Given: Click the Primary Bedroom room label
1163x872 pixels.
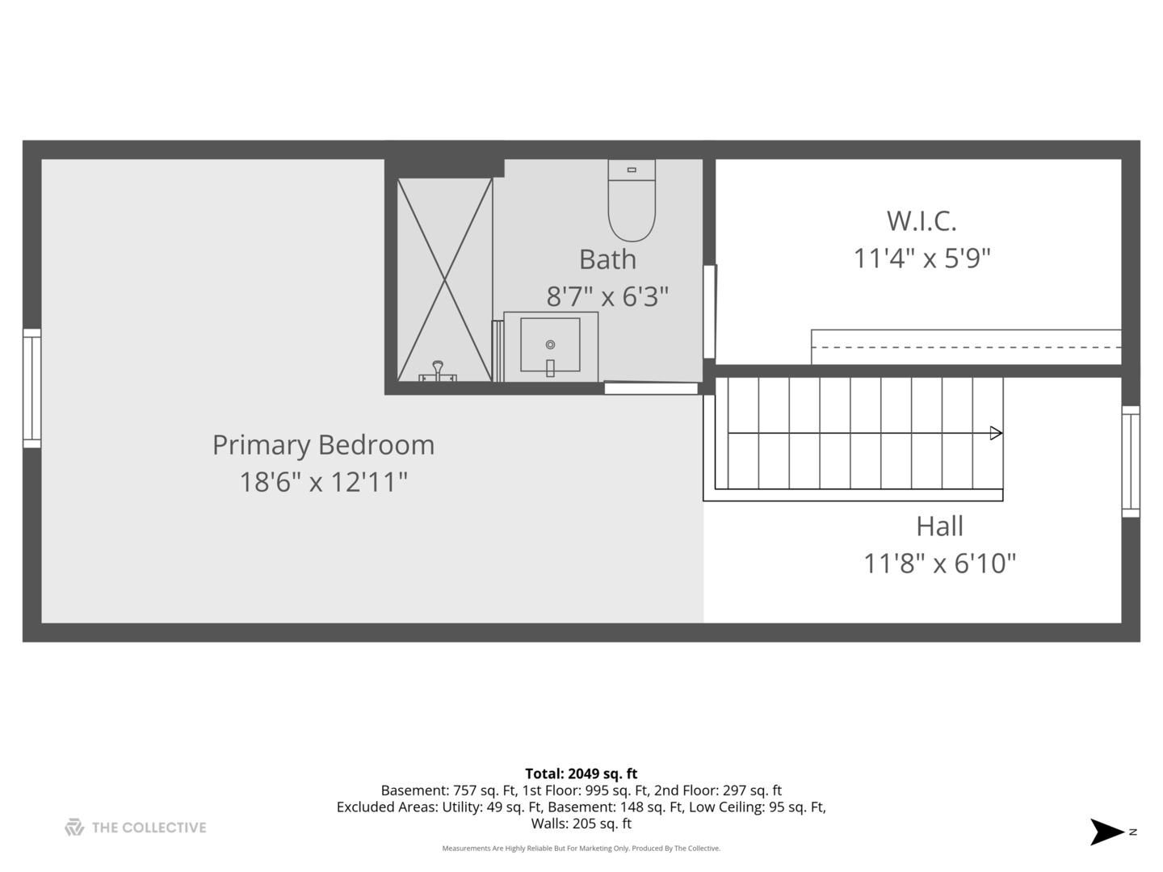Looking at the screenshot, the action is pyautogui.click(x=323, y=445).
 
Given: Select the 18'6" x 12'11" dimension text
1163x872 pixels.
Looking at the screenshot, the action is pyautogui.click(x=323, y=482).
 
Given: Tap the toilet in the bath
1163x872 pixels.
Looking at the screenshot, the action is pyautogui.click(x=631, y=200).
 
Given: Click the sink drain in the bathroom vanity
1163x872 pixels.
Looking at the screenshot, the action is pyautogui.click(x=550, y=345).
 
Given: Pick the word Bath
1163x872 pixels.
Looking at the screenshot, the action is pyautogui.click(x=607, y=259).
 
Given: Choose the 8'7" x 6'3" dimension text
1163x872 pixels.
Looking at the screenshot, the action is pyautogui.click(x=607, y=296).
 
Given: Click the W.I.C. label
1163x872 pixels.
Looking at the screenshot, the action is pyautogui.click(x=922, y=221).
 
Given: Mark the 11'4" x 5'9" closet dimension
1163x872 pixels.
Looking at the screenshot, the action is pyautogui.click(x=922, y=259).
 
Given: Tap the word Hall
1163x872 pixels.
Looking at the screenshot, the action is pyautogui.click(x=939, y=526).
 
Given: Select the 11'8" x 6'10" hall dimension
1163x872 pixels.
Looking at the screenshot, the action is pyautogui.click(x=939, y=564).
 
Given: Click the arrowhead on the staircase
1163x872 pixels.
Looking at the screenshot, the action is pyautogui.click(x=996, y=433).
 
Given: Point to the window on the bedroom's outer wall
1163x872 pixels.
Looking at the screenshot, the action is pyautogui.click(x=31, y=388).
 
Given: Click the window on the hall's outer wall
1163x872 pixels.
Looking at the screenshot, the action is pyautogui.click(x=1131, y=462).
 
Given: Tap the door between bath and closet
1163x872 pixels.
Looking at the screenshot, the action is pyautogui.click(x=709, y=312).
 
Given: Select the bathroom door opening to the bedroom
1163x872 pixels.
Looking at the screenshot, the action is pyautogui.click(x=651, y=388).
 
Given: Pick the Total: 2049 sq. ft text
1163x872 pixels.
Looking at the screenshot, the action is pyautogui.click(x=581, y=773).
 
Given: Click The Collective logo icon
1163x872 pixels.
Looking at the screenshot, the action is pyautogui.click(x=74, y=827).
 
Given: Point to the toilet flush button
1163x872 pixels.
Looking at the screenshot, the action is pyautogui.click(x=632, y=170).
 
